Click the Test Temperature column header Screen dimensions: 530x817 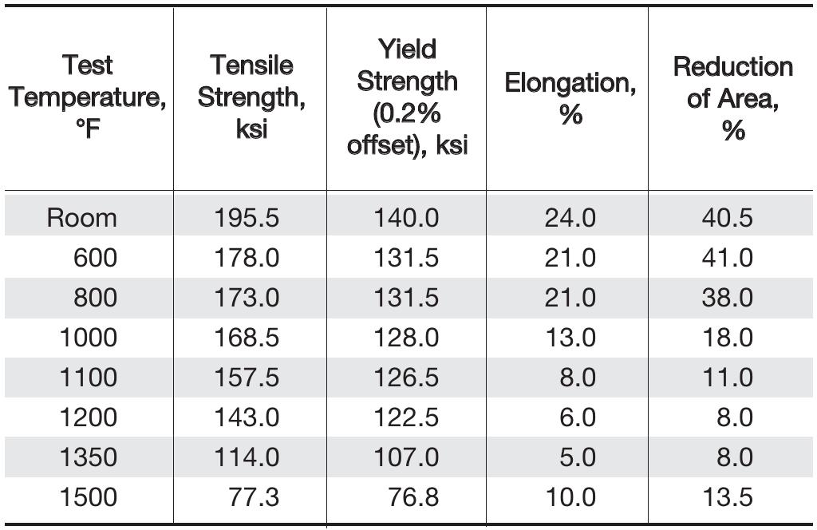coord(88,97)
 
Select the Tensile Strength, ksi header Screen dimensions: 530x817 coord(251,97)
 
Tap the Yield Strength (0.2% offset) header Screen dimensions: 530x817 coord(407,97)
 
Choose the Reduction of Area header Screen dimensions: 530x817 coord(732,98)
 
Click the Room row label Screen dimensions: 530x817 coord(81,218)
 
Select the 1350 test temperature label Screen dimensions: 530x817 coord(88,457)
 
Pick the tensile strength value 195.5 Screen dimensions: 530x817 coord(247,218)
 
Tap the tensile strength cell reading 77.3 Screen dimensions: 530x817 coord(255,497)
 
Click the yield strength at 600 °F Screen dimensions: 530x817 coord(406,258)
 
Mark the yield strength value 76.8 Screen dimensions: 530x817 coord(414,497)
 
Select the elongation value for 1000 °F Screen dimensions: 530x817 coord(570,338)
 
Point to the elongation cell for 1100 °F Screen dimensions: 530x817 coord(577,378)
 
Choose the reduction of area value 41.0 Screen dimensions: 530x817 coord(726,258)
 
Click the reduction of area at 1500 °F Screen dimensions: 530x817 coord(726,497)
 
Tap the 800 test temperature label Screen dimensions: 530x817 coord(95,298)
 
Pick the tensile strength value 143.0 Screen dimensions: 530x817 coord(247,417)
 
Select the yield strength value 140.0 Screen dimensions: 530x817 coord(406,218)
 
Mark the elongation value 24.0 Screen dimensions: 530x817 coord(570,218)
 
